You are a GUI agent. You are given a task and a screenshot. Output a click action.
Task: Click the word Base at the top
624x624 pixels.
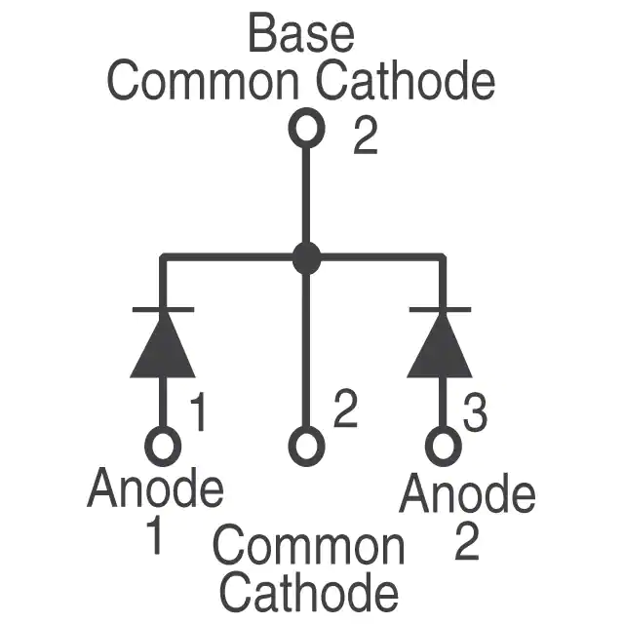coord(301,33)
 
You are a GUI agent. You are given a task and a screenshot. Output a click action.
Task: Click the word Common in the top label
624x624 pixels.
coord(203,80)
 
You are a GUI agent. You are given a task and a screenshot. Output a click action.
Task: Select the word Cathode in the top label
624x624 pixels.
coord(406,80)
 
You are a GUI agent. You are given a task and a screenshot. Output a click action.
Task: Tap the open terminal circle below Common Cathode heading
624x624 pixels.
coord(306,128)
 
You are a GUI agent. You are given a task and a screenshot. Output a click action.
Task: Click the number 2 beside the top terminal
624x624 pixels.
coord(366,136)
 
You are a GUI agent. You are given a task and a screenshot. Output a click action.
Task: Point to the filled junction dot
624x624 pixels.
coord(306,257)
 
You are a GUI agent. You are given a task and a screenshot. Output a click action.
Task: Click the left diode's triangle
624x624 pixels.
coord(163,345)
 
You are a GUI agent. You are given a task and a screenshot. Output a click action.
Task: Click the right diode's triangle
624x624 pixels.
coord(440,345)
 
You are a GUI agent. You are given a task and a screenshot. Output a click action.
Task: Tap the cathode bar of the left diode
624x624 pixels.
coord(163,309)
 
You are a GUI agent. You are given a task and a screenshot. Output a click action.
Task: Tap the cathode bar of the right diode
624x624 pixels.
coord(440,309)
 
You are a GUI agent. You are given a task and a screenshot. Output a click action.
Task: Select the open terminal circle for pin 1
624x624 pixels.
coord(163,447)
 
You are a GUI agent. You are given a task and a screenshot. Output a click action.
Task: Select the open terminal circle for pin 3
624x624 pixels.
coord(444,447)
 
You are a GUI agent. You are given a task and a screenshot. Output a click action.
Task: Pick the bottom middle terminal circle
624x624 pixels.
coord(306,447)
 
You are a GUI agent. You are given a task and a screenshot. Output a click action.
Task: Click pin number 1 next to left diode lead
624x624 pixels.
coord(198,412)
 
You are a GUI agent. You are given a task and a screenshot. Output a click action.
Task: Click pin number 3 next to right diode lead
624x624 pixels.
coord(475,412)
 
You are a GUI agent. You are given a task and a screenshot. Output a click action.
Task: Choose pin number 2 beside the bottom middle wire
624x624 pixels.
coord(345,409)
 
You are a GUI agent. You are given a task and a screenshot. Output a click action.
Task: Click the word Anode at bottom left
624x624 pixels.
coord(155,487)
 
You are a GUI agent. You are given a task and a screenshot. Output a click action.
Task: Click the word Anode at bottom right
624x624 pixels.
coord(468,492)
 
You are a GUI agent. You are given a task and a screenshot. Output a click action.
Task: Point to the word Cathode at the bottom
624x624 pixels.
coord(309,592)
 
